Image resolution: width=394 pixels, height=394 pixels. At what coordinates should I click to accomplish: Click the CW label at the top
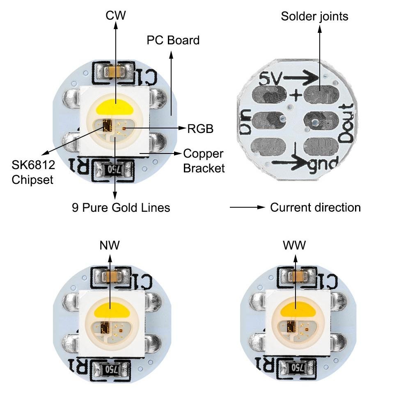[116, 16]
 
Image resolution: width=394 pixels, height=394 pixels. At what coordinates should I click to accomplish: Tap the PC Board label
[173, 40]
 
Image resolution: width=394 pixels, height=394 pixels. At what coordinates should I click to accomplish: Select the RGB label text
[200, 129]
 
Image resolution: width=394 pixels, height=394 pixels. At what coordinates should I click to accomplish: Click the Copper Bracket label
[204, 161]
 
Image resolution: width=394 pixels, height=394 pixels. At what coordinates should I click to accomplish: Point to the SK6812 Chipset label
[33, 172]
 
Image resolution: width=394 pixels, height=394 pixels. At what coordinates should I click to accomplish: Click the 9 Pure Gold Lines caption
[121, 208]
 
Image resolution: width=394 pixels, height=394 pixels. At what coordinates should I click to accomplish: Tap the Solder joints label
[315, 16]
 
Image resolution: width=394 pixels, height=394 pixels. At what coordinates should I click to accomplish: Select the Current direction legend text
[315, 208]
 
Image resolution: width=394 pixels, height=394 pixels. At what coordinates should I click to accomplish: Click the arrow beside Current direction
[247, 207]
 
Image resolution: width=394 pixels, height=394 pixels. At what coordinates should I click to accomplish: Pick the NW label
[110, 245]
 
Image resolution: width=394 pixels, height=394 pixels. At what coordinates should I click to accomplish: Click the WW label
[294, 245]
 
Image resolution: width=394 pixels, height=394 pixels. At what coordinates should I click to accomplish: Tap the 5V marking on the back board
[271, 79]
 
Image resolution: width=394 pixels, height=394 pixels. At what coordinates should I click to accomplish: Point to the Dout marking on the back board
[346, 123]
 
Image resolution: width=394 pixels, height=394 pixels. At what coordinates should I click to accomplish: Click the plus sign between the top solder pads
[296, 95]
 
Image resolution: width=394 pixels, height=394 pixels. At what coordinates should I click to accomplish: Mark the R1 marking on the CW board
[79, 166]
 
